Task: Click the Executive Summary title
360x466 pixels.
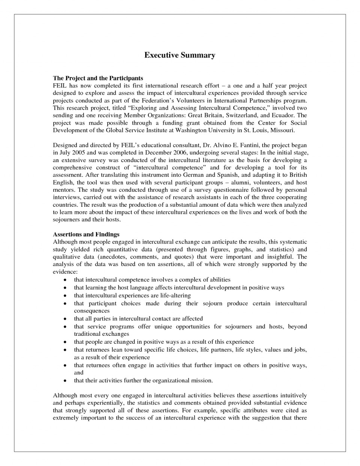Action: [x=180, y=55]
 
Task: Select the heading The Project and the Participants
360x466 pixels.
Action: [x=98, y=78]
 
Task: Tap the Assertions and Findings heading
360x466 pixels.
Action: [x=86, y=234]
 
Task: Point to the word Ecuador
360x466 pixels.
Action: [x=283, y=115]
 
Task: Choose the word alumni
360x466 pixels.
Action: [x=234, y=182]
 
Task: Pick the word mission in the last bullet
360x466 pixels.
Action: [x=201, y=380]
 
